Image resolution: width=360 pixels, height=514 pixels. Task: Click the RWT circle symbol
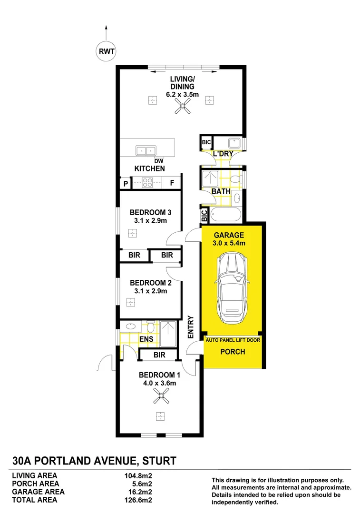[106, 51]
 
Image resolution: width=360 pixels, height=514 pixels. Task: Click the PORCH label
[233, 352]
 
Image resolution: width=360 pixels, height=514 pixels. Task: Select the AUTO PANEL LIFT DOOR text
[233, 340]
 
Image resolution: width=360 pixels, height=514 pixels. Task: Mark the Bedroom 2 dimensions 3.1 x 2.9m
[149, 291]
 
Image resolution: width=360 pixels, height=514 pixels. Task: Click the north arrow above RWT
[106, 32]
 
